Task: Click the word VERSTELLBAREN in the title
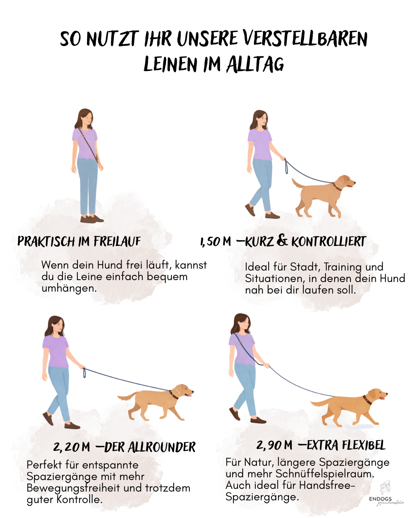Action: tap(305, 39)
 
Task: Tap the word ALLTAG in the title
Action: tap(255, 64)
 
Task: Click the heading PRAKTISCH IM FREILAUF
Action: tap(79, 241)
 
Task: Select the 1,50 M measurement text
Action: tap(215, 242)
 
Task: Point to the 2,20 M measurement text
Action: tap(72, 447)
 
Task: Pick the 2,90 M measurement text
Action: tap(274, 445)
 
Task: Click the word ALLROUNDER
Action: tap(161, 447)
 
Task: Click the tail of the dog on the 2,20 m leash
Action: tap(127, 396)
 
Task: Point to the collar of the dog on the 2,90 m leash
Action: tap(367, 400)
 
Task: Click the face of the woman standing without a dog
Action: tap(88, 118)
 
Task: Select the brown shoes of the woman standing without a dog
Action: tap(91, 219)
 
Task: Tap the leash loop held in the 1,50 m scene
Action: tap(286, 167)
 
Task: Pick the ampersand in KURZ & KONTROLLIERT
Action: tap(282, 241)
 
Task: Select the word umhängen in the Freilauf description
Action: tap(69, 288)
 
